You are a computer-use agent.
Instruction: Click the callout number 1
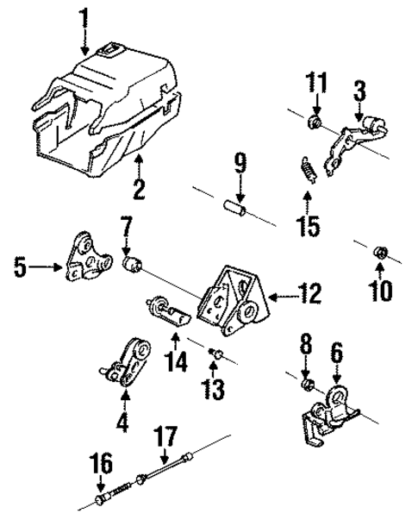84,17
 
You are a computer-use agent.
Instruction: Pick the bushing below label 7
132,264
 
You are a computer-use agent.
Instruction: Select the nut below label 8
307,380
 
